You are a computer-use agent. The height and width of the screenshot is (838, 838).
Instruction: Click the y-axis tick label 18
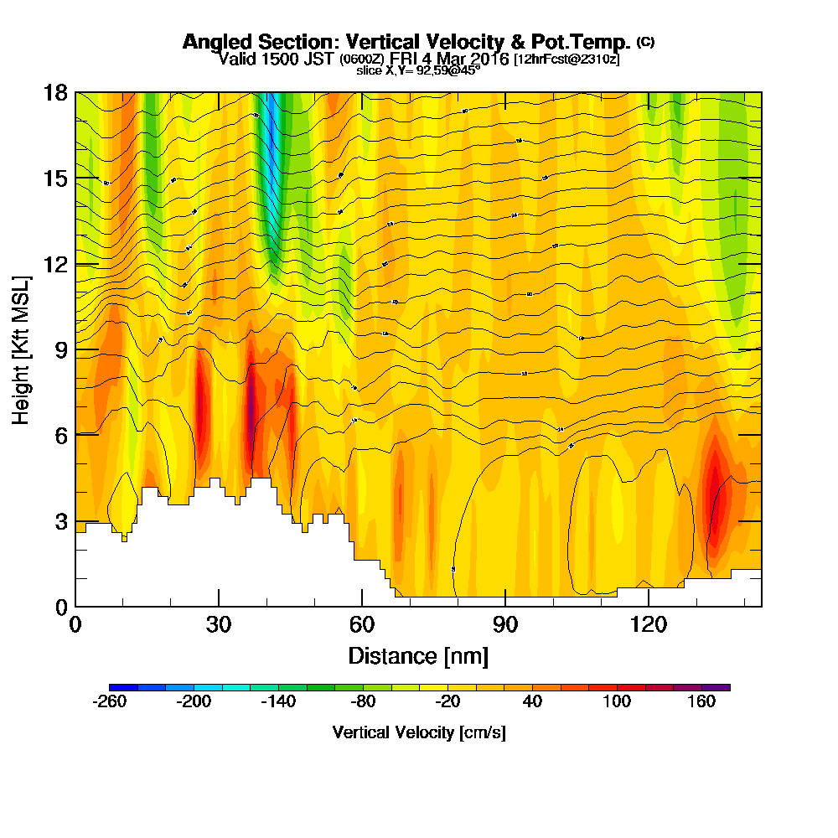click(x=55, y=92)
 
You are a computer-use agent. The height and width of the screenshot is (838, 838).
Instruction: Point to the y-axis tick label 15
click(x=55, y=178)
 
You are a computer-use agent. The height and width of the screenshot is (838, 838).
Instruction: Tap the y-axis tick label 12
click(x=55, y=264)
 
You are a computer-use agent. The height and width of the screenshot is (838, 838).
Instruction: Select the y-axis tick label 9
click(x=61, y=349)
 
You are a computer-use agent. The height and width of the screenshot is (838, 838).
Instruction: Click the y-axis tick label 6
click(x=61, y=435)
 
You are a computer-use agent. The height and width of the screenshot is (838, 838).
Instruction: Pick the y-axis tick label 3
click(x=61, y=521)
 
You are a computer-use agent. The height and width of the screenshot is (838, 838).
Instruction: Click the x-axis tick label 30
click(x=219, y=624)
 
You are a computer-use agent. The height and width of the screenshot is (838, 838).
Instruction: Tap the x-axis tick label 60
click(x=362, y=624)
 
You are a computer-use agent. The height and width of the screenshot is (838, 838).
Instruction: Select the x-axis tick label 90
click(x=505, y=624)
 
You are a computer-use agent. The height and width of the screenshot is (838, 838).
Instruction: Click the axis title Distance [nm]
click(x=418, y=654)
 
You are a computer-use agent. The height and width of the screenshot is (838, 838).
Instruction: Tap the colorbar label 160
click(x=701, y=702)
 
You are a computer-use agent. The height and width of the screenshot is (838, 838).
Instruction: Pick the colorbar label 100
click(x=617, y=702)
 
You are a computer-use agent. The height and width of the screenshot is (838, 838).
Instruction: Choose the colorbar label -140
click(x=278, y=702)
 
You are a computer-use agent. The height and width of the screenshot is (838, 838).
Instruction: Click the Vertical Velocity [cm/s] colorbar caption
click(x=419, y=732)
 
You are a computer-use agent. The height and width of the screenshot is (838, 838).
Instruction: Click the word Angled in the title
click(x=213, y=42)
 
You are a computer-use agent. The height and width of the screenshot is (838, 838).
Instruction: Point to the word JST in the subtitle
click(x=318, y=59)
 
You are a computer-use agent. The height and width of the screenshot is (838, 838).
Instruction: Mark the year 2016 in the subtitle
click(x=492, y=59)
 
